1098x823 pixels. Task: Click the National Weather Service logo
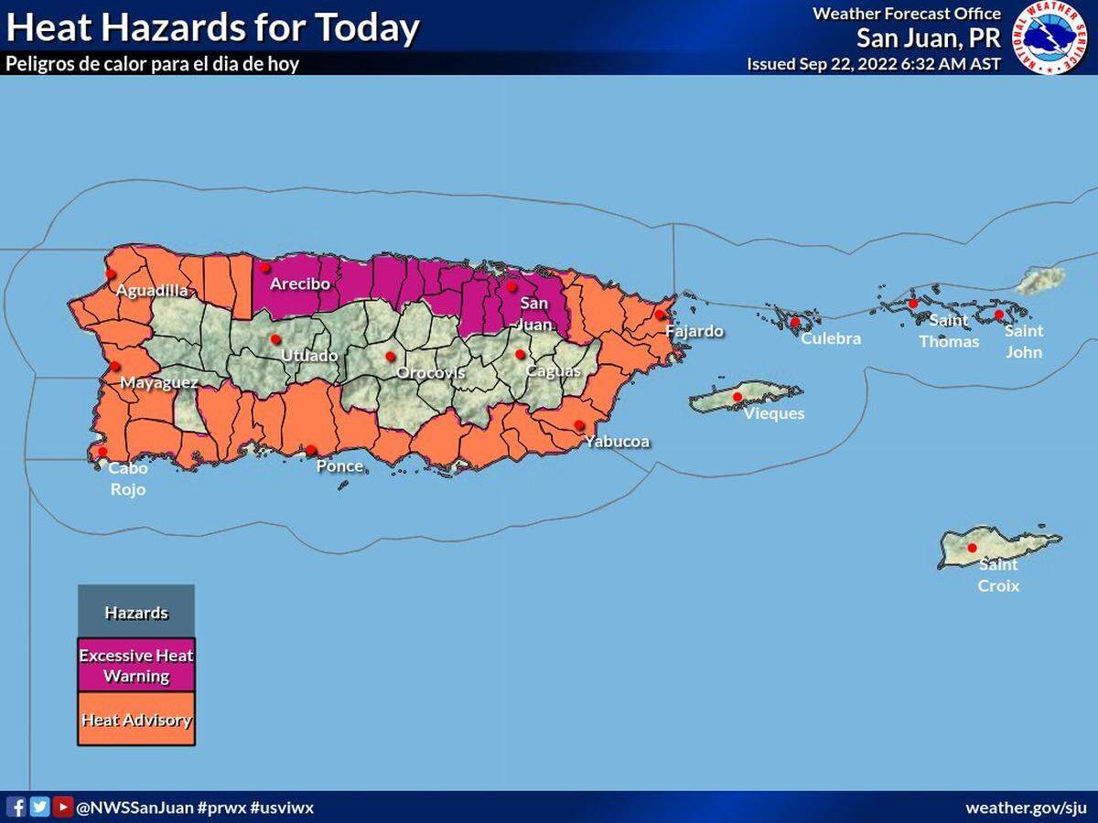tap(1054, 37)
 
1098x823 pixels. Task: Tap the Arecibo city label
tap(299, 284)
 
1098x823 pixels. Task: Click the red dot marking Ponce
tap(311, 450)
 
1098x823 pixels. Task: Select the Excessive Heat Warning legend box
tap(136, 666)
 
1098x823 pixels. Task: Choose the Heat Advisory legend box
tap(136, 720)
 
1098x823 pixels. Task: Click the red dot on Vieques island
tap(737, 397)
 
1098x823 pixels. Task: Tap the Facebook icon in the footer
tap(16, 807)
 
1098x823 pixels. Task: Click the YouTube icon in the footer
tap(62, 807)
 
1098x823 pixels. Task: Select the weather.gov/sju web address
tap(1026, 808)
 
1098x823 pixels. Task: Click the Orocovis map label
tap(430, 373)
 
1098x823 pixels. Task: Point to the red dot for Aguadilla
tap(110, 273)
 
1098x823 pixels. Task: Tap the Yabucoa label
tap(619, 443)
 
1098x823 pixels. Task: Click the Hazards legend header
tap(136, 612)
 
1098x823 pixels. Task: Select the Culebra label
tap(831, 338)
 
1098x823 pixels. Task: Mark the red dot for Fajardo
tap(659, 315)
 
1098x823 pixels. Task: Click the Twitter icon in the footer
tap(39, 807)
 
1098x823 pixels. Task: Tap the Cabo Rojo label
tap(127, 478)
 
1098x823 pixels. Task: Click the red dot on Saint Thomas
tap(912, 303)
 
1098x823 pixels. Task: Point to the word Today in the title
tap(367, 28)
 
